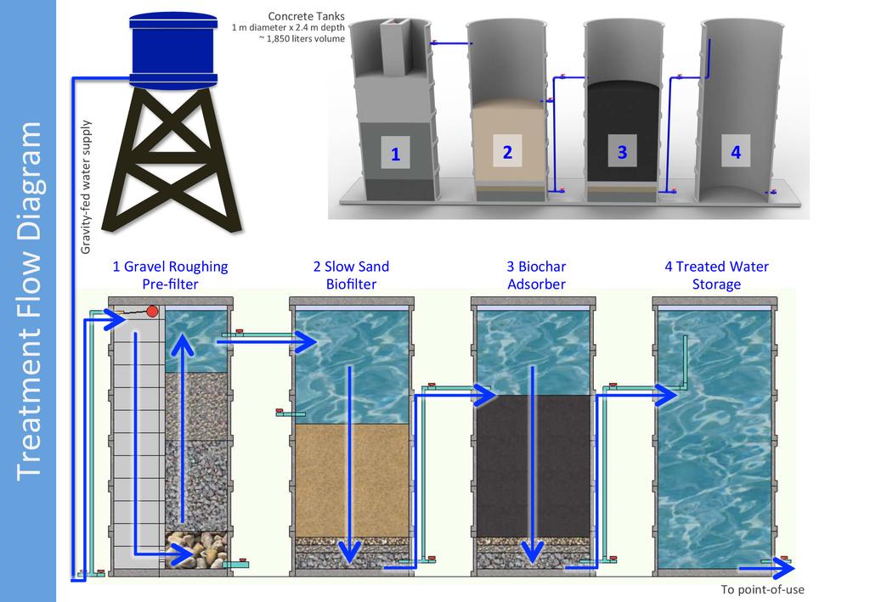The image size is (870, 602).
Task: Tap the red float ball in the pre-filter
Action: pos(154,312)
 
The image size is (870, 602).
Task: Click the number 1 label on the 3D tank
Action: pos(395,154)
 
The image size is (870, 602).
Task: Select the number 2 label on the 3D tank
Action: pos(507,152)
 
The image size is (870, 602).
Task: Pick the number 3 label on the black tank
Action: pos(622,152)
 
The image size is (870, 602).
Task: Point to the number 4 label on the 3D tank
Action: pos(735,152)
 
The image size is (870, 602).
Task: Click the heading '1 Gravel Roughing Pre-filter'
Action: pos(170,275)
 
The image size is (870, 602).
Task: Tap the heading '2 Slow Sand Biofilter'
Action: pos(351,275)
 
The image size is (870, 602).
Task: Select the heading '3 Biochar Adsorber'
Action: pos(535,275)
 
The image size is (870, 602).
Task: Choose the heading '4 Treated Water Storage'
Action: pos(716,275)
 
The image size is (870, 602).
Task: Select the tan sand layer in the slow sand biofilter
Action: pos(351,479)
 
